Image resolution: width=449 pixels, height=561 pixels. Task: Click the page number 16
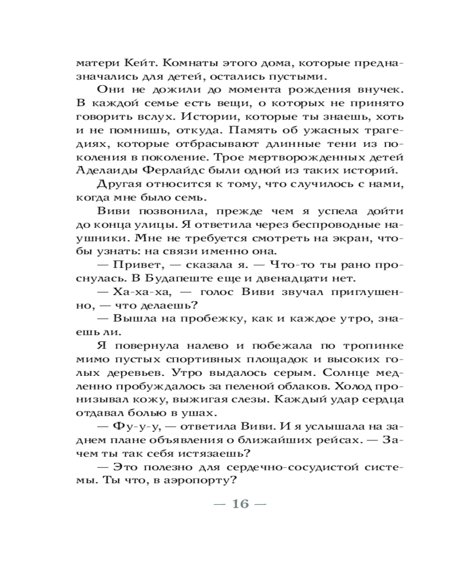point(239,503)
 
